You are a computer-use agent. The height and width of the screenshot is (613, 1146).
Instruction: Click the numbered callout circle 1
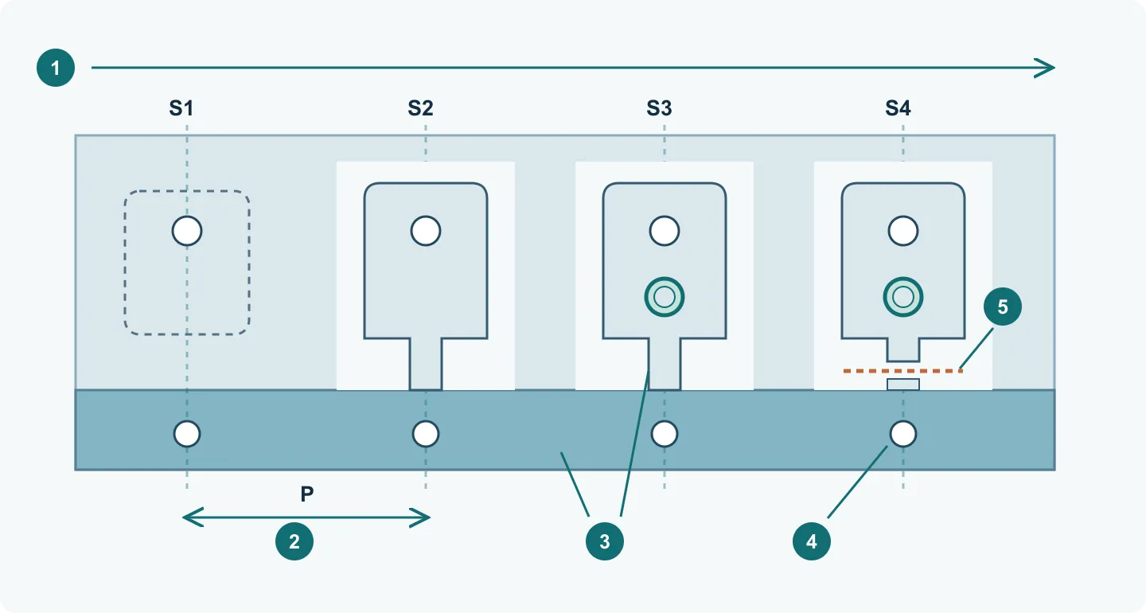coord(56,68)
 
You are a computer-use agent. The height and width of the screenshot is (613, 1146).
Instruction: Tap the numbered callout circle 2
coord(294,541)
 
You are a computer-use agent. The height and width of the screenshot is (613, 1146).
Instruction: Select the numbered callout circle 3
coord(605,541)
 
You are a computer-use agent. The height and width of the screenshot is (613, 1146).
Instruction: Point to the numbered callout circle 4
coord(812,541)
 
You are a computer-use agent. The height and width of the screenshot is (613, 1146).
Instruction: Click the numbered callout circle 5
coord(1002,306)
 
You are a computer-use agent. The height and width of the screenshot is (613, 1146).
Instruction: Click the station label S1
coord(181,108)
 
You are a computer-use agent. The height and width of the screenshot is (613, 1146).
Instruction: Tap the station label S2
coord(420,108)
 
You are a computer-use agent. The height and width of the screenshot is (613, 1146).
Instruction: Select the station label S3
coord(659,108)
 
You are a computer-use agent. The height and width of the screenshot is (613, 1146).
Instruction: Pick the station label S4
coord(898,108)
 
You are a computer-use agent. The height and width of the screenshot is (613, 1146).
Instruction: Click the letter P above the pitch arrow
coord(306,494)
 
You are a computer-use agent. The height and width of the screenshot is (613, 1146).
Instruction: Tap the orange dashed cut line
coord(903,370)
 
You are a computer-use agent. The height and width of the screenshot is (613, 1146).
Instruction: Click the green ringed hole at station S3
coord(664,297)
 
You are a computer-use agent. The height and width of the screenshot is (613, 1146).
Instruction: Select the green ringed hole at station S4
coord(903,297)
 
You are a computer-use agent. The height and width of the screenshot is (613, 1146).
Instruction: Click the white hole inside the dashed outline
coord(187,231)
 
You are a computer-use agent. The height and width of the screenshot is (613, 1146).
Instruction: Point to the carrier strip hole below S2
coord(426,434)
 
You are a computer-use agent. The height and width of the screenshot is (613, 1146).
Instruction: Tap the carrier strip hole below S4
coord(903,434)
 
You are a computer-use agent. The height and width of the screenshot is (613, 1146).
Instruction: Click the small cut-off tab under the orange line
coord(903,385)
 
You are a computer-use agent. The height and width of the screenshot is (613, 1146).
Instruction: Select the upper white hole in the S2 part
coord(426,231)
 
